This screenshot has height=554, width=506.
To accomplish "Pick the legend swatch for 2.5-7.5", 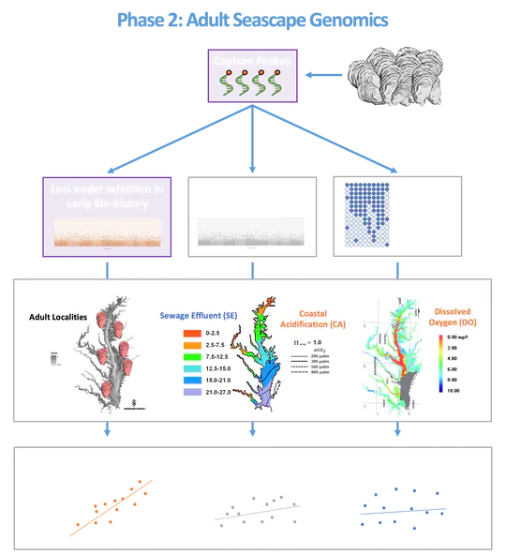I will pyautogui.click(x=174, y=346).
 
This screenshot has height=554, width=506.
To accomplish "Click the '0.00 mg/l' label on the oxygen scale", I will pyautogui.click(x=465, y=335).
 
